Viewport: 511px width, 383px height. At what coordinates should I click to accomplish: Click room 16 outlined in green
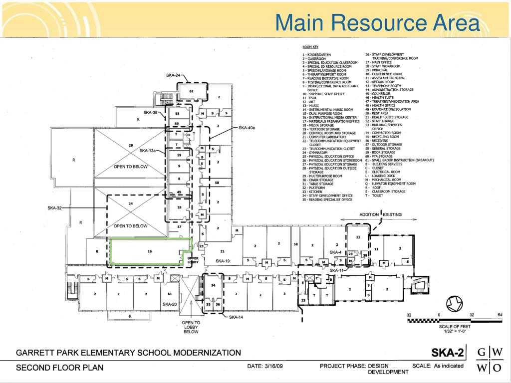pyautogui.click(x=149, y=251)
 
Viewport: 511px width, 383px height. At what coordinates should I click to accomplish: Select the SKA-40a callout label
pyautogui.click(x=247, y=128)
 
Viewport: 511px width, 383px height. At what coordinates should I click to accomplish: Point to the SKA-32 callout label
pyautogui.click(x=54, y=208)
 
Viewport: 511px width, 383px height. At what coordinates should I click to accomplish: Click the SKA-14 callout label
pyautogui.click(x=236, y=317)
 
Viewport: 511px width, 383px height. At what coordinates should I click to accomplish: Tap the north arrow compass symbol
pyautogui.click(x=455, y=303)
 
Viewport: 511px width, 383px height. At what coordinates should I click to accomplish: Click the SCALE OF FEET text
pyautogui.click(x=454, y=326)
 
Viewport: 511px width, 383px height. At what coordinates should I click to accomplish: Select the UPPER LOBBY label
pyautogui.click(x=193, y=260)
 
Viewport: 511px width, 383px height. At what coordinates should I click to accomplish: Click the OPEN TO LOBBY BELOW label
pyautogui.click(x=191, y=327)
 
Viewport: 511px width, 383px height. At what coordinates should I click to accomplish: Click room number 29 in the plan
pyautogui.click(x=130, y=145)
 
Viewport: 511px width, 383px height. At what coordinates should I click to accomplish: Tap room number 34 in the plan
pyautogui.click(x=213, y=285)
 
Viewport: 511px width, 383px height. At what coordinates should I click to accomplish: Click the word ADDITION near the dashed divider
pyautogui.click(x=369, y=214)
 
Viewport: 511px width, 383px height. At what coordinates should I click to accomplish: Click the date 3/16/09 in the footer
pyautogui.click(x=265, y=366)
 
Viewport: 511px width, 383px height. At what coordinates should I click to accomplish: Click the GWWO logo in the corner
pyautogui.click(x=489, y=360)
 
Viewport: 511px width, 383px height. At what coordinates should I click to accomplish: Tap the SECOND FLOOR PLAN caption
pyautogui.click(x=60, y=368)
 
